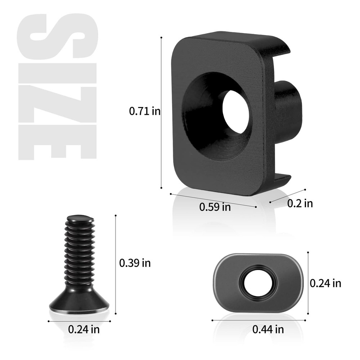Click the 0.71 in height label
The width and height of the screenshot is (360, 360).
[x=145, y=112]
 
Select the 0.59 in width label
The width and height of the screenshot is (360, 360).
[x=215, y=207]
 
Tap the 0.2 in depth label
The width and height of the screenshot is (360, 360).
[x=300, y=203]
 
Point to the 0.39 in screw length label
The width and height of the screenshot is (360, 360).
[x=135, y=263]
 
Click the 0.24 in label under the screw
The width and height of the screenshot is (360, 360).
[x=84, y=329]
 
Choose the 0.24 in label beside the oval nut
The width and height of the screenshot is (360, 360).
[x=325, y=283]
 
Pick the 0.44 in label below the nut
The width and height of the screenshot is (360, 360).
[x=268, y=329]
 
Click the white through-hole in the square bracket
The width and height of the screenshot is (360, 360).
[x=236, y=112]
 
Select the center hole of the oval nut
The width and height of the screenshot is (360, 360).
[x=260, y=283]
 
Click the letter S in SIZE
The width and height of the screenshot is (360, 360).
[x=58, y=36]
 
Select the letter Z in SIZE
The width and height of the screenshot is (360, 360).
[x=58, y=103]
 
